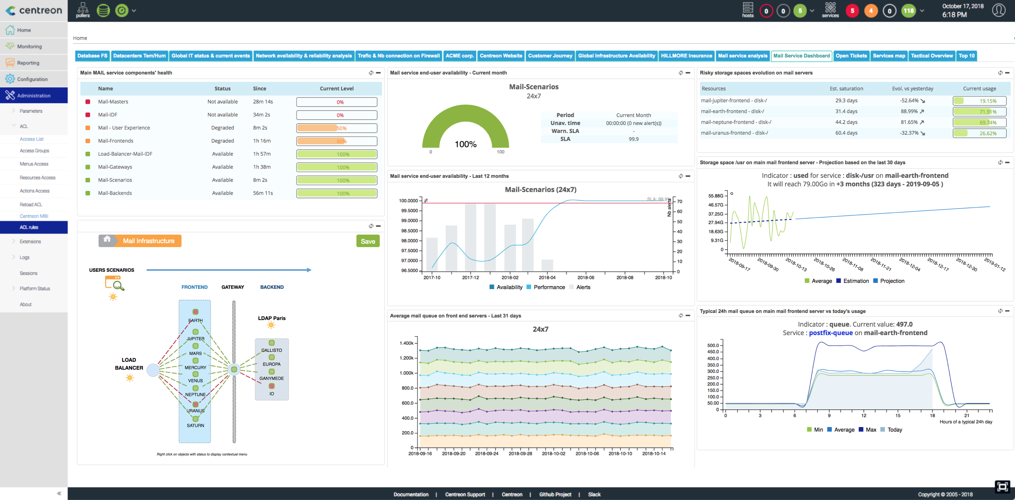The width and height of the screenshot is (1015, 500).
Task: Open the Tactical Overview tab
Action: point(932,56)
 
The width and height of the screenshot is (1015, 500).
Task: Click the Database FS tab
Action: point(92,56)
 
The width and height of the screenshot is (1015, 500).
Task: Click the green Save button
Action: point(368,241)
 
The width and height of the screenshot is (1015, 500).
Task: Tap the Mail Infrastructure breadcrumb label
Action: point(149,241)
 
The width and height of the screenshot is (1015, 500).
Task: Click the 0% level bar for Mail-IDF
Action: point(336,115)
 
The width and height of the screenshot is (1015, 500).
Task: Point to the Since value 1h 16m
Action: point(262,141)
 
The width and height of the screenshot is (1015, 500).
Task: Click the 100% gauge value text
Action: point(465,144)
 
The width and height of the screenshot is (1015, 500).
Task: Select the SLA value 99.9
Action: point(633,139)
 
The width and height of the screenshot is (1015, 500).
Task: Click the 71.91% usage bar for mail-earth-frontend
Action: point(979,112)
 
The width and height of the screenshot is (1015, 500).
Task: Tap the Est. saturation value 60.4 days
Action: point(846,133)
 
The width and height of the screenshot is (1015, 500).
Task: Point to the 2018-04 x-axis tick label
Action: point(547,278)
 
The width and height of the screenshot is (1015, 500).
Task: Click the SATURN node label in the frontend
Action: point(195,426)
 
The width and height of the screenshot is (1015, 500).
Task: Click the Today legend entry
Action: point(894,430)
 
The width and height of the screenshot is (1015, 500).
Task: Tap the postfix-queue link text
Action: point(830,333)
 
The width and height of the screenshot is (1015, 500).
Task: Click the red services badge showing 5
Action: point(852,11)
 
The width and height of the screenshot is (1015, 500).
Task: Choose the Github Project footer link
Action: point(555,495)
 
